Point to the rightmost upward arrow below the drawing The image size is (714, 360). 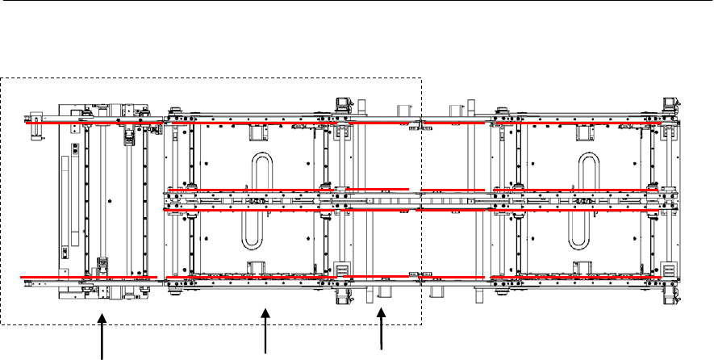pyautogui.click(x=382, y=331)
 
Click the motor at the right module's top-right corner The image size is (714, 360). pyautogui.click(x=669, y=104)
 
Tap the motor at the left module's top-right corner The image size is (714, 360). pyautogui.click(x=342, y=104)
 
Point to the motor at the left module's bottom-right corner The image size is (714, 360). pyautogui.click(x=342, y=295)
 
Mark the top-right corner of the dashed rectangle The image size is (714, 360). pyautogui.click(x=422, y=77)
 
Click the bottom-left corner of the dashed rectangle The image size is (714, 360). pyautogui.click(x=1, y=324)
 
